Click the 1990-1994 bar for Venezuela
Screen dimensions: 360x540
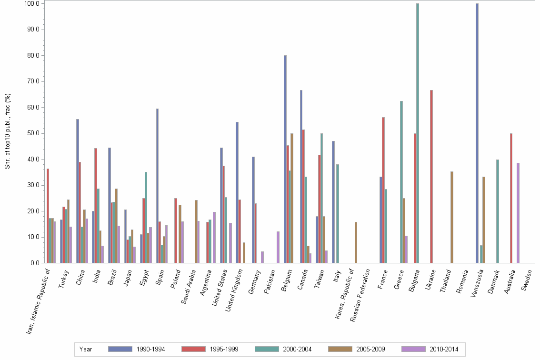[x=477, y=133]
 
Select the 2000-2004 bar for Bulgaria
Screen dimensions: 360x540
[x=418, y=133]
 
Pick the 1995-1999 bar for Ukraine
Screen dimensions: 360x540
[x=431, y=176]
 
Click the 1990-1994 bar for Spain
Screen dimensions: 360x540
[x=157, y=186]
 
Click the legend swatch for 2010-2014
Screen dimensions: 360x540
[x=413, y=349]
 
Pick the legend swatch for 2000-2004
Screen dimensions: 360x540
[x=267, y=349]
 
